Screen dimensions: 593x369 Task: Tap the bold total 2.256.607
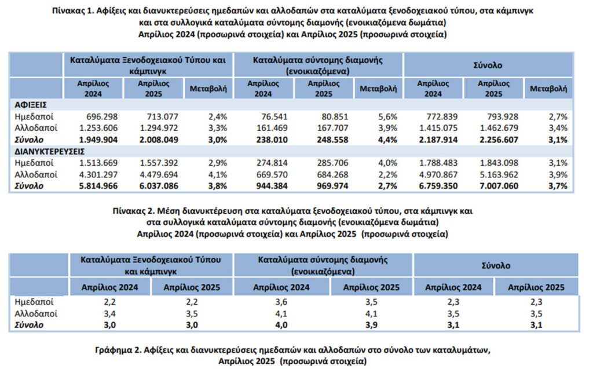pos(499,140)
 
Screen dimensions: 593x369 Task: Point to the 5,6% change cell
pos(388,116)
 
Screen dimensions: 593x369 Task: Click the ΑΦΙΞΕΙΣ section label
pos(31,105)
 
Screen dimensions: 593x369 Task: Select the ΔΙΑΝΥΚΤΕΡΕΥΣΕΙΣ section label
pos(50,151)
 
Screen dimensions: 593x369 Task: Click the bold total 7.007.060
pos(499,186)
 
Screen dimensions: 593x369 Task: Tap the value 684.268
pos(332,174)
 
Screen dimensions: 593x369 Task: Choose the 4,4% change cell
pos(388,140)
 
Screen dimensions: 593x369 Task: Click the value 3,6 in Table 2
pos(281,302)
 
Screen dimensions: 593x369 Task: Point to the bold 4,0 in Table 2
pos(281,325)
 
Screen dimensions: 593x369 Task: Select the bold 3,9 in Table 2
pos(371,325)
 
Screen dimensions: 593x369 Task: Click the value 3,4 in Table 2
pos(109,314)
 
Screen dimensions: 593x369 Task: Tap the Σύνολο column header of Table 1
pos(488,65)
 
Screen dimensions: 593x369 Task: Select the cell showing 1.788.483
pos(438,163)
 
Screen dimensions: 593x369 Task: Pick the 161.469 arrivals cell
pos(272,128)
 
